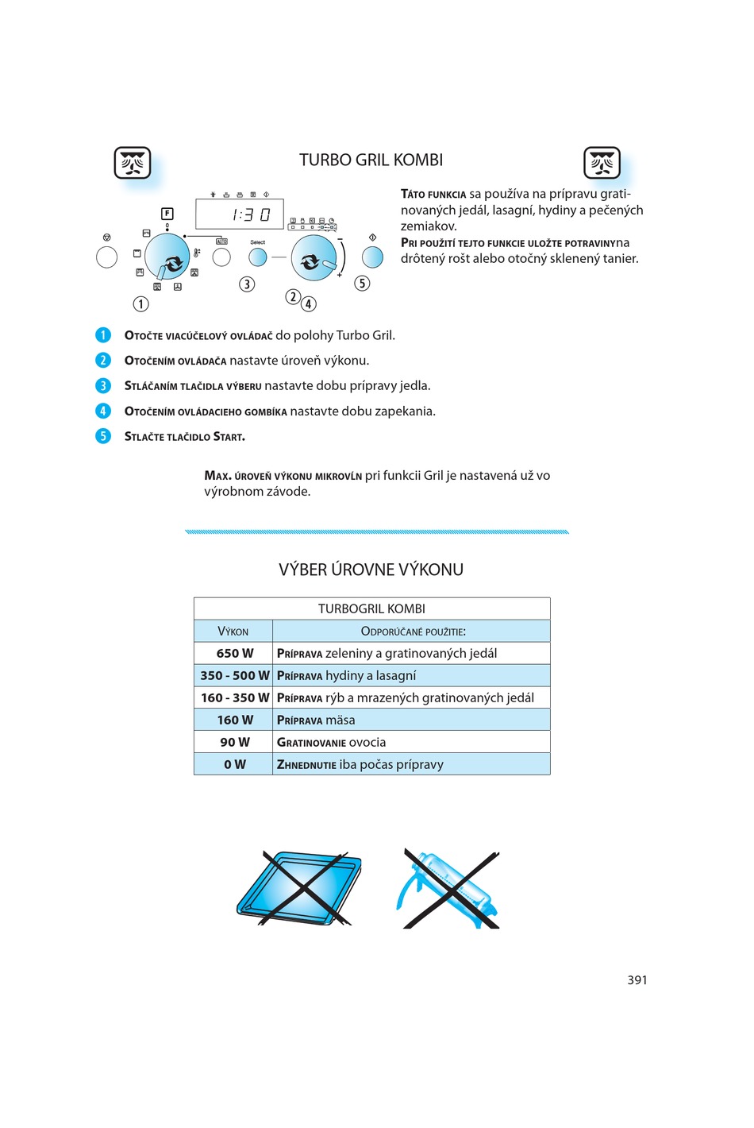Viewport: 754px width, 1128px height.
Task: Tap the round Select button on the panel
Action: (x=258, y=257)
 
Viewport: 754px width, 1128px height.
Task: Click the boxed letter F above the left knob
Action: (x=167, y=213)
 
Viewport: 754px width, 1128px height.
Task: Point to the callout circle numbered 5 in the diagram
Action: (x=362, y=284)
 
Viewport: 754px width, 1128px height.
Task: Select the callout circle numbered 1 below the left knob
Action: (x=140, y=303)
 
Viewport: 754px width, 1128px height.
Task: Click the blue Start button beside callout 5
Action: (x=372, y=257)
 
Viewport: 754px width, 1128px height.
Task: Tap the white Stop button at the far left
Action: (x=106, y=257)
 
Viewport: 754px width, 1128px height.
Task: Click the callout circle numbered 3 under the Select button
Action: (x=247, y=284)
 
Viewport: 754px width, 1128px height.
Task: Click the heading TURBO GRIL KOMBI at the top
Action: (x=371, y=160)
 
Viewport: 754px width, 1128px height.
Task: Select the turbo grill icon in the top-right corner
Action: (x=602, y=163)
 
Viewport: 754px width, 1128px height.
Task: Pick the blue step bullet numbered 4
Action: (x=103, y=411)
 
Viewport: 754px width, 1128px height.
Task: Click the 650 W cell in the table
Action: (x=234, y=653)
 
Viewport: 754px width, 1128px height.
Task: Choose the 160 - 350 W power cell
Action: (x=234, y=697)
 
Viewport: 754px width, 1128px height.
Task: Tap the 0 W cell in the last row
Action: (x=234, y=764)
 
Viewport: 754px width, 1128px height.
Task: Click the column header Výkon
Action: (x=233, y=632)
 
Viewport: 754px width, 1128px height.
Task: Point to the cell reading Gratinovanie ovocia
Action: (x=331, y=742)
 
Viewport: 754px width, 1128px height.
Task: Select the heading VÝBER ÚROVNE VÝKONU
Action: (x=371, y=570)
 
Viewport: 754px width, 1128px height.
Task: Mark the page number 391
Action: (x=637, y=980)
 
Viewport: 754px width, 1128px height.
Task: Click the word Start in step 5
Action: (x=229, y=437)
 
